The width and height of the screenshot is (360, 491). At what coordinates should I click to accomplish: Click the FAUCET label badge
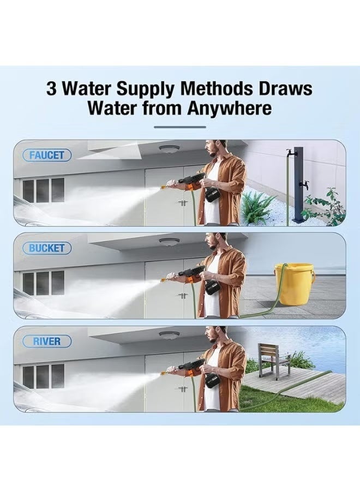pyautogui.click(x=47, y=155)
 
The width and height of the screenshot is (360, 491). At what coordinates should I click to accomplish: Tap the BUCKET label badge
pyautogui.click(x=47, y=248)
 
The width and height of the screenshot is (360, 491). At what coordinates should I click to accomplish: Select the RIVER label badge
pyautogui.click(x=47, y=342)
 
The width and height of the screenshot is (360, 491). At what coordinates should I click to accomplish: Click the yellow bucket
pyautogui.click(x=295, y=284)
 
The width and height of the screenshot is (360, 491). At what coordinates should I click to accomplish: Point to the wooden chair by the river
pyautogui.click(x=273, y=360)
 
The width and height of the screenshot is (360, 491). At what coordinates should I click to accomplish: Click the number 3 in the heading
pyautogui.click(x=51, y=88)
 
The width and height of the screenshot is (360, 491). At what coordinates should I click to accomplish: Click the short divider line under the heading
pyautogui.click(x=179, y=127)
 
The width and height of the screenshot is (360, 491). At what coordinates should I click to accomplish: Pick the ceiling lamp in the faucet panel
pyautogui.click(x=169, y=148)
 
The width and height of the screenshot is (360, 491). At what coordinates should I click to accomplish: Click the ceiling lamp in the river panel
pyautogui.click(x=169, y=334)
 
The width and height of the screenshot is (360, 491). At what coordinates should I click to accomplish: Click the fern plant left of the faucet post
pyautogui.click(x=257, y=207)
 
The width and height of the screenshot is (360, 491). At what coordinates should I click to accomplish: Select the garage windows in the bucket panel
pyautogui.click(x=43, y=283)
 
